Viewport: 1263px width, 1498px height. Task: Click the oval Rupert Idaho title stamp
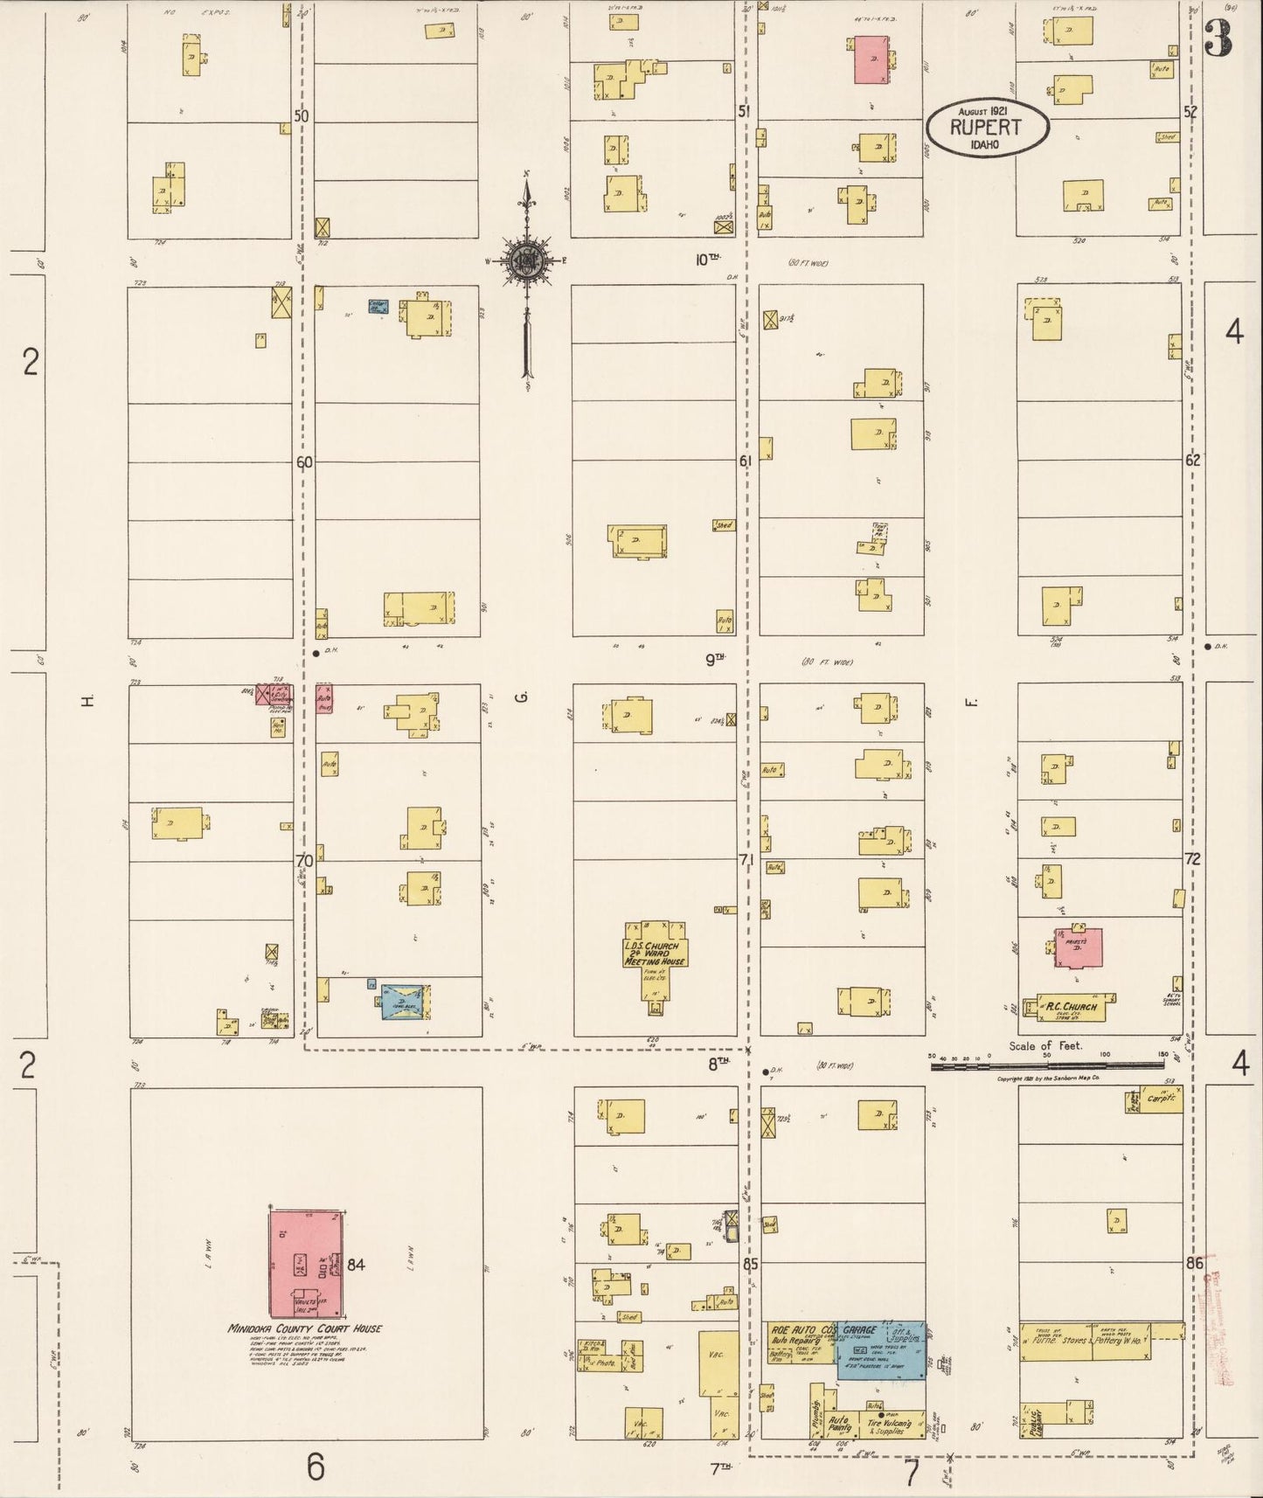click(987, 127)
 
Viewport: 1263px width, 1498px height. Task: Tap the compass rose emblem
click(527, 260)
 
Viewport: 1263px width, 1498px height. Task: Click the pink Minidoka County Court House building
click(305, 1263)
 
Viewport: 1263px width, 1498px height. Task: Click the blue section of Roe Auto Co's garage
click(880, 1349)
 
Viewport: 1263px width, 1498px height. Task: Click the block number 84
click(356, 1264)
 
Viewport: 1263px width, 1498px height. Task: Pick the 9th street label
click(716, 660)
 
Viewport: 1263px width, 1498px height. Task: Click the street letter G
click(523, 697)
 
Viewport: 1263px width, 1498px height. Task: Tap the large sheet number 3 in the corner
click(1218, 39)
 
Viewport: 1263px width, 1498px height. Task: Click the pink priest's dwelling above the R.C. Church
click(1079, 947)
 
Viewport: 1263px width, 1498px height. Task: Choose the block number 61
click(745, 461)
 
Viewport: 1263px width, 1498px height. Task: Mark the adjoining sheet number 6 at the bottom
click(315, 1466)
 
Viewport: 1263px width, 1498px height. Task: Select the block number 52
click(1190, 111)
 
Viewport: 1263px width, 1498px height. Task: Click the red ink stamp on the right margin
click(1219, 1302)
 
